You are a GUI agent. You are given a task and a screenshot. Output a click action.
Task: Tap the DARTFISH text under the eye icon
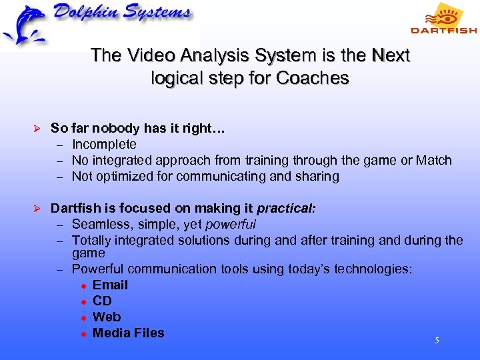443,30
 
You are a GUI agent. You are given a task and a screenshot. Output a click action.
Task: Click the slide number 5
437,341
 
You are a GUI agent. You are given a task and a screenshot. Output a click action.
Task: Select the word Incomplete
104,144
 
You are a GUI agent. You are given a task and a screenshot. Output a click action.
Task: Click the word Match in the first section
434,160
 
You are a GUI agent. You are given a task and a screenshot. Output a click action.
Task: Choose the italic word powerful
231,224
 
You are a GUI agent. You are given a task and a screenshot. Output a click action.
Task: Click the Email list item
110,285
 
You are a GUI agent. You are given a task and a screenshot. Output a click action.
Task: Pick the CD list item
102,301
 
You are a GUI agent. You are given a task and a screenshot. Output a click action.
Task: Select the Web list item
107,317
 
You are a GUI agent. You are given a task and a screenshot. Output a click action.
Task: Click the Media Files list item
128,333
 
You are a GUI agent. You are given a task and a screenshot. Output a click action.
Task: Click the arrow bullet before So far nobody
37,129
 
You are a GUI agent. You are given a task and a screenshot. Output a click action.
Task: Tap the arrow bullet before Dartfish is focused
37,209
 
